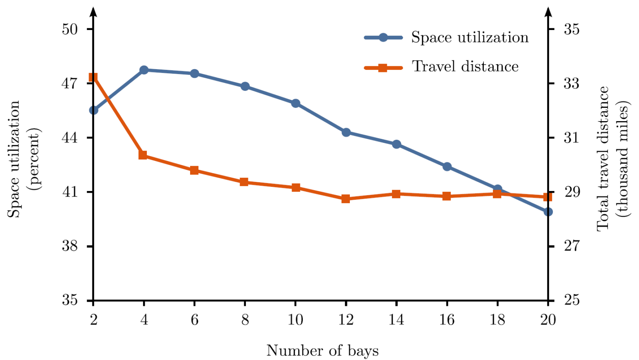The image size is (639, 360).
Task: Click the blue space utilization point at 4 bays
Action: (x=144, y=70)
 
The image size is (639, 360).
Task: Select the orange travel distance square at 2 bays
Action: (x=93, y=77)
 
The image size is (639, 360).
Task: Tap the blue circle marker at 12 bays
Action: (x=346, y=132)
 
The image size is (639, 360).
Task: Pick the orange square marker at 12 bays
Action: (x=346, y=199)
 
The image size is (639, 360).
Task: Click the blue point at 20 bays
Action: (x=548, y=212)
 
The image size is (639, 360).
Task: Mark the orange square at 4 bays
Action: (x=143, y=155)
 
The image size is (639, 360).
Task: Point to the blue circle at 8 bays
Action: (x=245, y=86)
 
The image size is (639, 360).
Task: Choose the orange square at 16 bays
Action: (x=447, y=196)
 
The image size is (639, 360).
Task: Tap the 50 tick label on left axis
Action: (x=70, y=29)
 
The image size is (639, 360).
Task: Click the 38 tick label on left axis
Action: (x=70, y=246)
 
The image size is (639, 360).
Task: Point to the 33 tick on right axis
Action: (x=571, y=83)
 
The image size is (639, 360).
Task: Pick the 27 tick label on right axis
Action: (x=571, y=246)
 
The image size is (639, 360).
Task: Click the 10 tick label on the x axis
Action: (x=295, y=320)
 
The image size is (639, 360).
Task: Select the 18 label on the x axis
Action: (x=497, y=320)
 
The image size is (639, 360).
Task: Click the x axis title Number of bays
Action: (x=322, y=350)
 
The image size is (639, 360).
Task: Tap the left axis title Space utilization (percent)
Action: (x=24, y=159)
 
